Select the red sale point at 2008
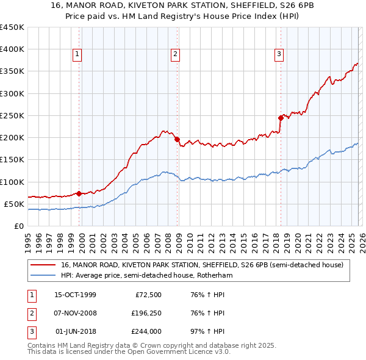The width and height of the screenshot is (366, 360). point(177,139)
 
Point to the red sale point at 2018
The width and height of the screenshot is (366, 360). point(281,118)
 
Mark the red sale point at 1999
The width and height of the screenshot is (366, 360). point(79,193)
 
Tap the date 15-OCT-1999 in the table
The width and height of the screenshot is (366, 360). point(74,295)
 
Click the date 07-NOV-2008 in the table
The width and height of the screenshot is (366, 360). point(74,313)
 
